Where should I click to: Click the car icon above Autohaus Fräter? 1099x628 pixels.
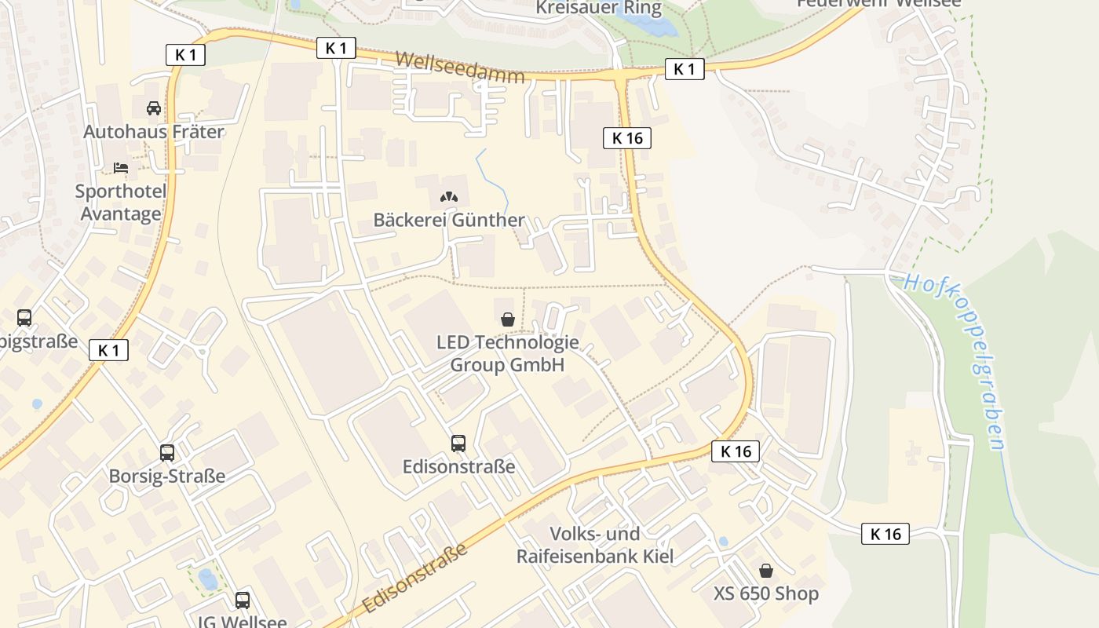coord(154,108)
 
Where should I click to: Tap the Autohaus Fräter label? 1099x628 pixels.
coord(154,131)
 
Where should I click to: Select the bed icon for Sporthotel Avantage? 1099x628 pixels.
coord(121,168)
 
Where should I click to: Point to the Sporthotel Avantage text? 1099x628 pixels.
coord(121,203)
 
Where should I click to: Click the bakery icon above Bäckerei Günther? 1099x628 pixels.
coord(448,198)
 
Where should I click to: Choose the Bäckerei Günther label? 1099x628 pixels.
coord(448,220)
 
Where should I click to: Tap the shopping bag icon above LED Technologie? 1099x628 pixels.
coord(508,319)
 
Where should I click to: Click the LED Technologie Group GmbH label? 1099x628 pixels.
coord(508,353)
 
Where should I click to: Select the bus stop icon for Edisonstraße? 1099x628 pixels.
coord(458,444)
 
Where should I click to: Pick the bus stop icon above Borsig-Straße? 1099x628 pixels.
coord(167,453)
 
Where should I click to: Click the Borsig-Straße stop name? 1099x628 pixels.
coord(167,476)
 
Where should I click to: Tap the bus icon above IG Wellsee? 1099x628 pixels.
coord(243,601)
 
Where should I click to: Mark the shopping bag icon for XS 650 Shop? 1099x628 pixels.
coord(765,571)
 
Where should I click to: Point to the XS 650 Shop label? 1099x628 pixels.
coord(766,593)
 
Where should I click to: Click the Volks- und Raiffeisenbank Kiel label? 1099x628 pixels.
coord(595,545)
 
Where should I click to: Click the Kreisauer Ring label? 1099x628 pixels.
coord(599,9)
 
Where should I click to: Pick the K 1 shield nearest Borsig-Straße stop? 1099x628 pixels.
coord(108,350)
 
